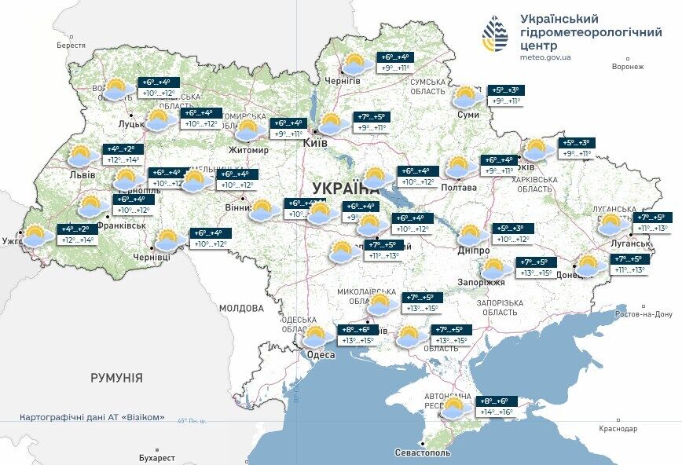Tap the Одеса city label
pyautogui.click(x=320, y=355)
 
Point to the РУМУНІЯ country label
pyautogui.click(x=116, y=378)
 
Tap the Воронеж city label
pyautogui.click(x=628, y=67)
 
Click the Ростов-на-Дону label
pyautogui.click(x=643, y=314)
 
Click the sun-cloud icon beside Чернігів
pyautogui.click(x=357, y=64)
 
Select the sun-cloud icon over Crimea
pyautogui.click(x=454, y=408)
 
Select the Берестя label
pyautogui.click(x=71, y=46)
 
